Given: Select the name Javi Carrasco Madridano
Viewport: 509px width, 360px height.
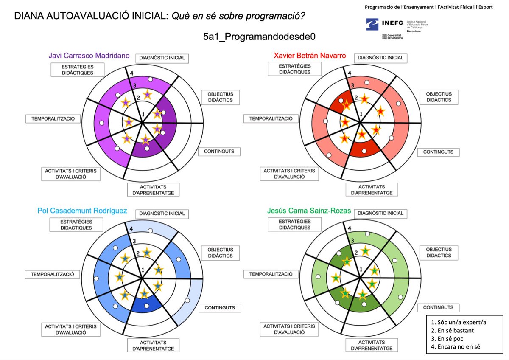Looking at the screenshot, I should click(89, 56).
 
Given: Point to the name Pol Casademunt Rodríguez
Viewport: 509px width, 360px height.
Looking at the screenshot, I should click(82, 211).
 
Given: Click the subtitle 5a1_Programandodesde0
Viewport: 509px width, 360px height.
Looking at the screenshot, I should click(260, 37).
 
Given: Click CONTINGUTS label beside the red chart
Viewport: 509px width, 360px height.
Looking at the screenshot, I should click(438, 152).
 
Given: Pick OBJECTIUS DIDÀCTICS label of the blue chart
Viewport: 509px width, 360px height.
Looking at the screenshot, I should click(220, 253).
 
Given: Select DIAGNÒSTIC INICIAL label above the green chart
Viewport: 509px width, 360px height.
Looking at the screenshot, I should click(380, 213).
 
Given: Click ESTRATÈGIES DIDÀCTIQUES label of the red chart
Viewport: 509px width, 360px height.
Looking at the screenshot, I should click(295, 69).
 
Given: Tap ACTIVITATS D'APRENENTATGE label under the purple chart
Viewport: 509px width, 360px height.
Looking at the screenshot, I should click(154, 190).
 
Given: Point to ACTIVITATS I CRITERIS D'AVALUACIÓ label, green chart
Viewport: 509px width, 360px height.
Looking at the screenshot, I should click(290, 329).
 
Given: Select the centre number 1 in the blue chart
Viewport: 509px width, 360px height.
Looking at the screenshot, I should click(143, 270).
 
